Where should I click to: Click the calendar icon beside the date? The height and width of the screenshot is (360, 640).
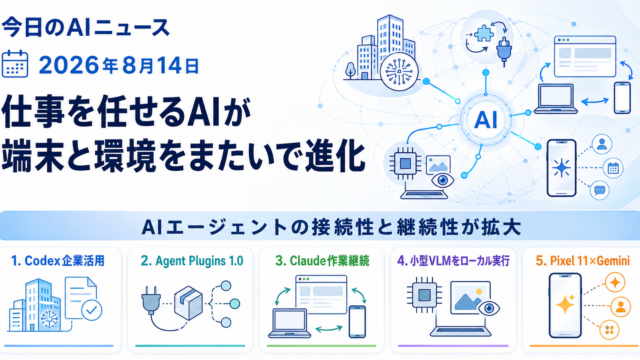[x=15, y=64]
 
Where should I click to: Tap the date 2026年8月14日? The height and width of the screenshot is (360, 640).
[x=119, y=65]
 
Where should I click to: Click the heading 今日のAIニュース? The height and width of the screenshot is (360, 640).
[x=85, y=28]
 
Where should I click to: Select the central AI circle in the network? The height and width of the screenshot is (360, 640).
[x=486, y=120]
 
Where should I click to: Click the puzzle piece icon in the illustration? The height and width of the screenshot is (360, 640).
[x=483, y=33]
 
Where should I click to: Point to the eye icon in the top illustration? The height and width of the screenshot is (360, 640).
[x=443, y=180]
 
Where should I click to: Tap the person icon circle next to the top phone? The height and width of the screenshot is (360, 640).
[x=602, y=144]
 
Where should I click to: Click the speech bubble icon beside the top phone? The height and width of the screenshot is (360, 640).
[x=600, y=190]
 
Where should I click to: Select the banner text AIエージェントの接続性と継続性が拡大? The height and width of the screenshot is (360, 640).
[x=331, y=227]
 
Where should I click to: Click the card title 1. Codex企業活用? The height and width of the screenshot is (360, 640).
[x=58, y=260]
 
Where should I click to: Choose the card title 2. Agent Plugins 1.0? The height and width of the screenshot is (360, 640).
[x=192, y=261]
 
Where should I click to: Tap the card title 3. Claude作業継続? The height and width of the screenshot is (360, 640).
[x=322, y=260]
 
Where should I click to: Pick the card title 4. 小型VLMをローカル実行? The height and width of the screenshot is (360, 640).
[x=453, y=260]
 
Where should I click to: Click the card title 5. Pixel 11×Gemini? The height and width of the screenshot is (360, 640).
[x=582, y=260]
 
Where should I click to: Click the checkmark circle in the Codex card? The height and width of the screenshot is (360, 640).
[x=92, y=310]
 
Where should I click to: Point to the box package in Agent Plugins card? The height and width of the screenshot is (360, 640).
[x=188, y=302]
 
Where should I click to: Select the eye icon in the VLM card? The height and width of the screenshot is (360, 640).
[x=489, y=307]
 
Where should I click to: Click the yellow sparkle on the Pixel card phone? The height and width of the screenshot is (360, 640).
[x=566, y=304]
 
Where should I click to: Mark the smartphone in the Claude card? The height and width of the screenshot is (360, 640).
[x=357, y=322]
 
